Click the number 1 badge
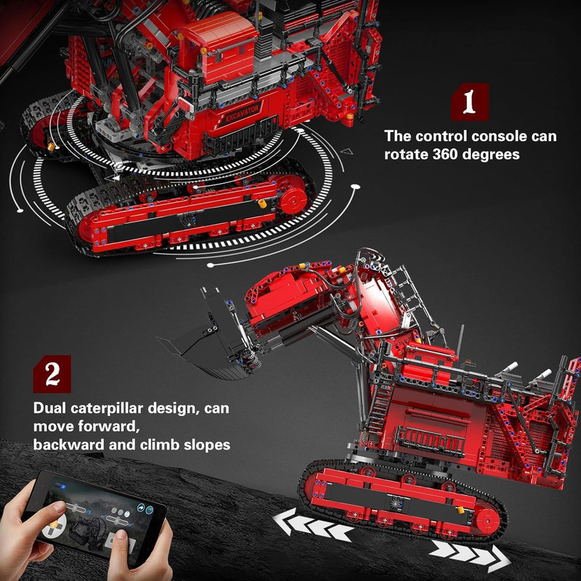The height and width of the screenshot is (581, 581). [x=470, y=102]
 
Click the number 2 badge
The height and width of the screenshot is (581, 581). [x=52, y=374]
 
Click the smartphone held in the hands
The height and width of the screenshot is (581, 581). [x=94, y=517]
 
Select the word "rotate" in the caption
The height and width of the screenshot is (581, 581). [x=405, y=154]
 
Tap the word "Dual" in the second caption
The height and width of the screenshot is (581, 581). [x=49, y=408]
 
